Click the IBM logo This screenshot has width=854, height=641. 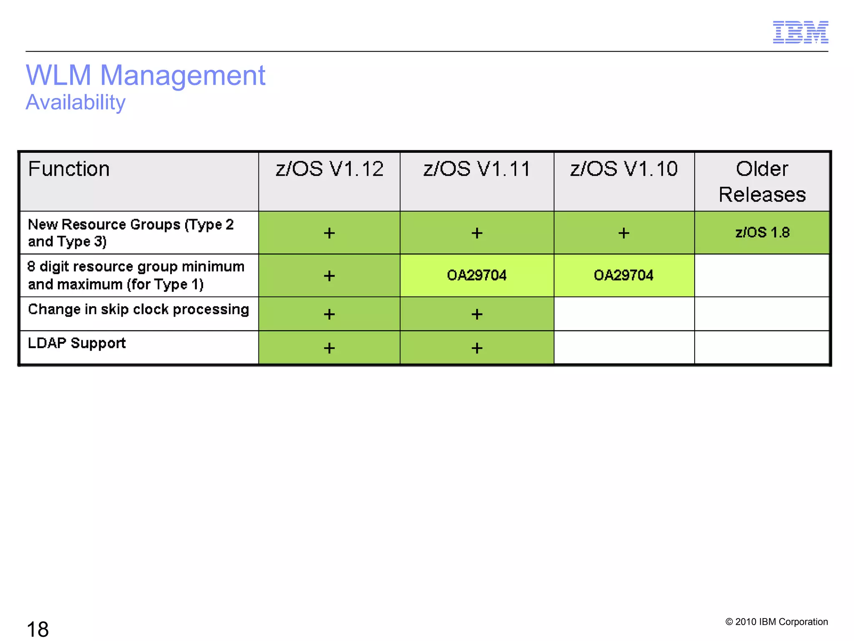(x=800, y=32)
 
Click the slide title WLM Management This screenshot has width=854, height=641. (x=146, y=76)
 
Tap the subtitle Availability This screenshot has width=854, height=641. (x=75, y=102)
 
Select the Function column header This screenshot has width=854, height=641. (x=69, y=169)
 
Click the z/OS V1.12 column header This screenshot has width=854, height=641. (x=329, y=169)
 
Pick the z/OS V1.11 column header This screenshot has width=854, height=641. (x=477, y=169)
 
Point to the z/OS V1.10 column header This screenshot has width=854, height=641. (x=624, y=169)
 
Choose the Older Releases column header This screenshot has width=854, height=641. (x=762, y=182)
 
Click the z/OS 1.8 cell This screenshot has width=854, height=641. (x=762, y=232)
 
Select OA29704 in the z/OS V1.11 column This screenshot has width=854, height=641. (x=477, y=275)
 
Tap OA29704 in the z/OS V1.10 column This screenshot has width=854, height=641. (x=623, y=275)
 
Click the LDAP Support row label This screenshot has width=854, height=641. (x=77, y=343)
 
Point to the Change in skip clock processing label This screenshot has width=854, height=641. (x=138, y=309)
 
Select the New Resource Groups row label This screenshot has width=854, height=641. (x=131, y=233)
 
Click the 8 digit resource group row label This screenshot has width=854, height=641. (x=136, y=275)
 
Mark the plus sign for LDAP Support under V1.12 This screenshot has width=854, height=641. (x=329, y=348)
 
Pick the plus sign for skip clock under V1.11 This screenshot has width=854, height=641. (x=477, y=314)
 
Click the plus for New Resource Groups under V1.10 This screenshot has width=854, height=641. (x=623, y=233)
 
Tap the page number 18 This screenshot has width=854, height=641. (x=38, y=629)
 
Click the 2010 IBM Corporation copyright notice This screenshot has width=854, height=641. (x=776, y=622)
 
